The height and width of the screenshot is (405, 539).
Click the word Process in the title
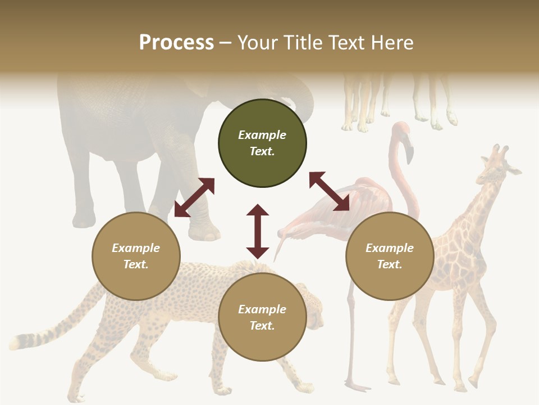pos(176,43)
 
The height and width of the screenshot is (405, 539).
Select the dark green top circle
pos(262,143)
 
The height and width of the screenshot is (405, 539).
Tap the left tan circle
pos(136,256)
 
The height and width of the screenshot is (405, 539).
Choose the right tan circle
pos(390,256)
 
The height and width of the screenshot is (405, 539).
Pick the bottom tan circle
pos(262,317)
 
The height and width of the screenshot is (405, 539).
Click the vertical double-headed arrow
pos(258,231)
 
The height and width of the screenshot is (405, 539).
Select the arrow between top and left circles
pos(194,197)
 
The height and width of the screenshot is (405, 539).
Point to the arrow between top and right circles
pos(329,191)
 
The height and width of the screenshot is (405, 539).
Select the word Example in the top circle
pos(262,135)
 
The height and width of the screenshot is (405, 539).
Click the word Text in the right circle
pos(390,264)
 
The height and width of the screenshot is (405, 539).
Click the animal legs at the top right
pos(399,101)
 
